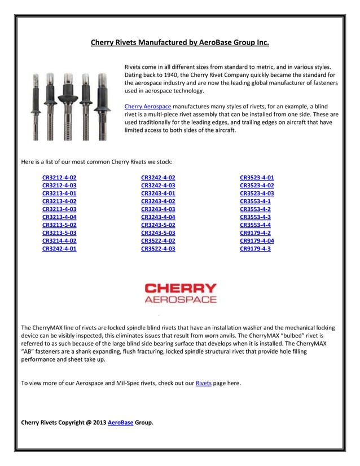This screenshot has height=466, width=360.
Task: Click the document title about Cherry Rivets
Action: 180,42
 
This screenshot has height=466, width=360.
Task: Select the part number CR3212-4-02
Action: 59,177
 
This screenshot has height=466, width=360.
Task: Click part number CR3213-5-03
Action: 59,232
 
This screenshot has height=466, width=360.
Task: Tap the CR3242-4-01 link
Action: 59,248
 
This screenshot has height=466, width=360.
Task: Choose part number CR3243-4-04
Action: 158,217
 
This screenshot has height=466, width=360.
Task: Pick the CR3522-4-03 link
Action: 158,248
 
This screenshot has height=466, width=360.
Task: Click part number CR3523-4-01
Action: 257,177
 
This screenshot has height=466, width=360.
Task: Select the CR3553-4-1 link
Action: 255,201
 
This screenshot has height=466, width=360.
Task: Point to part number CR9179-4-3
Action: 255,248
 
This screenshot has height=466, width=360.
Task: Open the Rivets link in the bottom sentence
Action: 203,383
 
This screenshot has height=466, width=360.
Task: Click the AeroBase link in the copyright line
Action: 120,422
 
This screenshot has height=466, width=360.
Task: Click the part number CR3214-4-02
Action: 59,240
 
